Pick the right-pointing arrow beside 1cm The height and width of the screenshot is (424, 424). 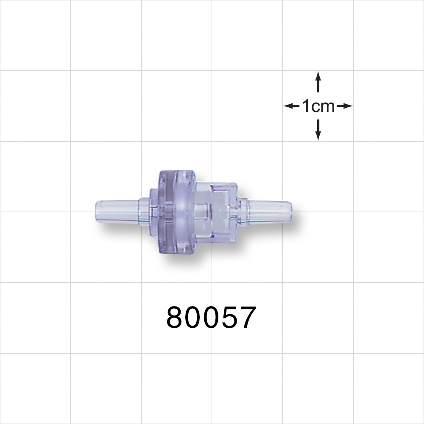pos(345,106)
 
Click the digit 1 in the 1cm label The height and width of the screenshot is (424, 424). pos(306,106)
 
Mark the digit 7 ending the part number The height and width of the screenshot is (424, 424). pos(248,318)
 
